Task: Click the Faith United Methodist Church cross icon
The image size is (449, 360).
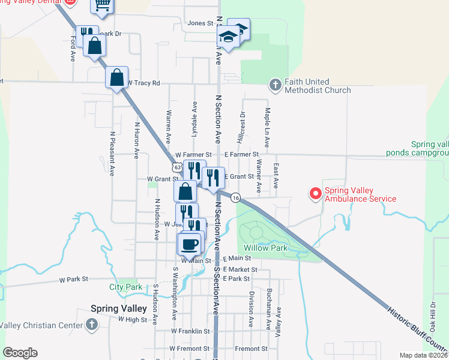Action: coord(276,85)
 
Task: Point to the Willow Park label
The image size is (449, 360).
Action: coord(266,248)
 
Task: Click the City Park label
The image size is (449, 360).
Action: coord(125,287)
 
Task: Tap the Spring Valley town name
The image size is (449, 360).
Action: coord(118,308)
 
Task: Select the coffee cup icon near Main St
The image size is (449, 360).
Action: coord(189,244)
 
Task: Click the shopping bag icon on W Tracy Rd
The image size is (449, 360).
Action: coord(117,77)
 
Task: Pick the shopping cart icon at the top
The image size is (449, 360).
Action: coord(102,5)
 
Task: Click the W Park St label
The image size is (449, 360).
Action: coord(74,280)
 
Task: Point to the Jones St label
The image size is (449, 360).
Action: coord(200,23)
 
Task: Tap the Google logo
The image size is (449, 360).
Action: coord(20,353)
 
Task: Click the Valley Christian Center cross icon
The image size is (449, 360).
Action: coord(92,325)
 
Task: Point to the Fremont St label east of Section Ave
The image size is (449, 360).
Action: coord(251,349)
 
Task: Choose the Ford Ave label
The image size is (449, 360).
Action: coord(72,48)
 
